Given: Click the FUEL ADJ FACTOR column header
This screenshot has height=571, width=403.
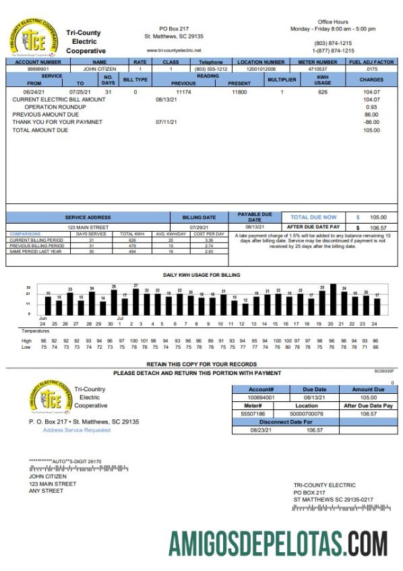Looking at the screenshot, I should tap(371, 61).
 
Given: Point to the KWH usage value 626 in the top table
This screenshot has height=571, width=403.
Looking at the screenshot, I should tap(323, 92).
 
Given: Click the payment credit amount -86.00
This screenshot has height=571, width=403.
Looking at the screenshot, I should tap(371, 122).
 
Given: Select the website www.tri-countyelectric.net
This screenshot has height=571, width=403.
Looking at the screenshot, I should tap(174, 51).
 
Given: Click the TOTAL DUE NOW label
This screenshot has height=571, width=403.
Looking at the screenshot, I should tap(313, 217).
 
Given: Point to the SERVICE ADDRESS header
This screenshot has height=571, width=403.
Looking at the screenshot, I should tap(88, 217).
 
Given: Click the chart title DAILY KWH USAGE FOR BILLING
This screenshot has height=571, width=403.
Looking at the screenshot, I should tap(201, 275).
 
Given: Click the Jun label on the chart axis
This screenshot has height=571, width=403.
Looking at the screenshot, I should tap(42, 318).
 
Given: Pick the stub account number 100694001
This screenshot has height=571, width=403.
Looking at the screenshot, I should tap(260, 397).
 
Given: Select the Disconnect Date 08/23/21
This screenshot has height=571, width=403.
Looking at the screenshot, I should tap(260, 429).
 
